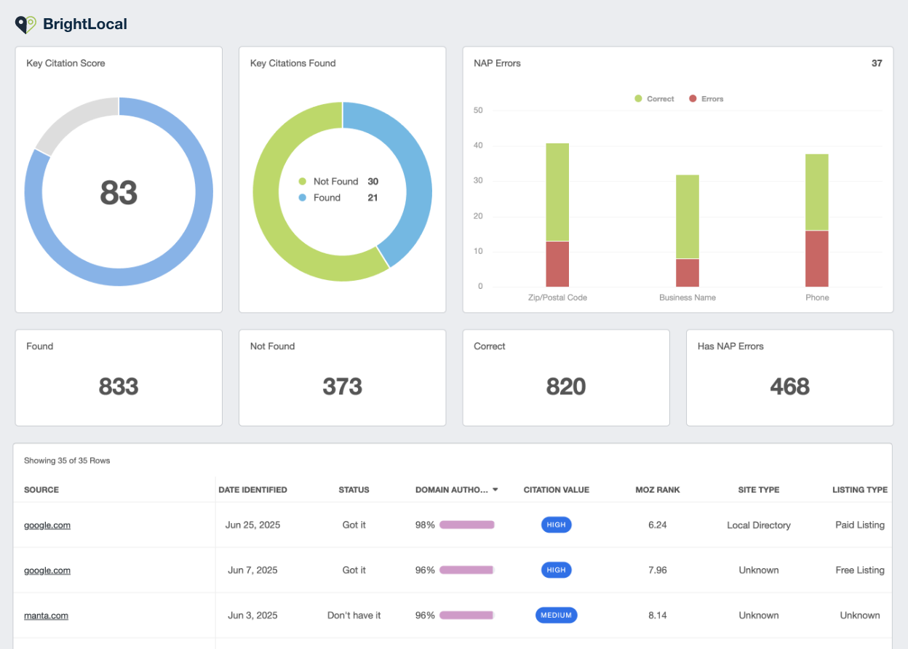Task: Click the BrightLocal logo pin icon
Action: point(25,24)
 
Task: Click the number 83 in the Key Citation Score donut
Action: point(119,193)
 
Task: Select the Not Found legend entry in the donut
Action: point(335,181)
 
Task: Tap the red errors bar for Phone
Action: point(816,258)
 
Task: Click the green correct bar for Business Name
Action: point(688,216)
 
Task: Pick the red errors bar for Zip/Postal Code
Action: point(557,263)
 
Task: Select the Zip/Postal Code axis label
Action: point(557,298)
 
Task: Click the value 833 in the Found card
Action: point(119,387)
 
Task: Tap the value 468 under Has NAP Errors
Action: point(789,387)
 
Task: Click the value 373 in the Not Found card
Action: point(342,387)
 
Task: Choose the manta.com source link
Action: point(46,616)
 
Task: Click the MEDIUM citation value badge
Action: point(556,616)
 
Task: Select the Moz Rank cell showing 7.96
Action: point(657,570)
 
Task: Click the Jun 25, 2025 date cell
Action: point(252,525)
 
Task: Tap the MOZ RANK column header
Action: point(657,490)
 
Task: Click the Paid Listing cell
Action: point(859,525)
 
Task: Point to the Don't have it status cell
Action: point(354,616)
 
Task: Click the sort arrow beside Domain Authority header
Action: point(495,490)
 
